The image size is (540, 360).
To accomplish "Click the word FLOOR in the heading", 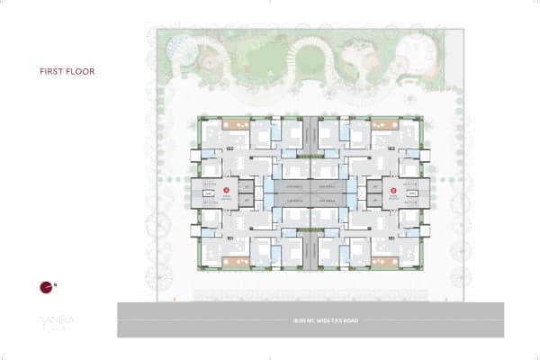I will tap(80, 70).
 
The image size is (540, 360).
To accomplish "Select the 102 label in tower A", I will tap(229, 146).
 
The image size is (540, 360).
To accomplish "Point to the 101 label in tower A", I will tap(229, 238).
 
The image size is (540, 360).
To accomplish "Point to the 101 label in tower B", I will tap(391, 238).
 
